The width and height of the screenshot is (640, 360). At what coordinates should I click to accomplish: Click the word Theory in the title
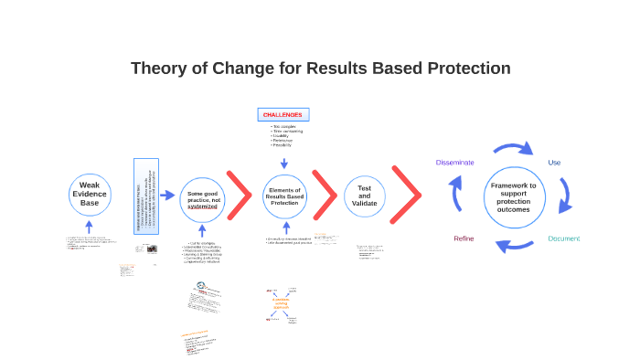pos(157,68)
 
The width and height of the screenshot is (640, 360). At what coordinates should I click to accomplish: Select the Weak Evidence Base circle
pos(89,194)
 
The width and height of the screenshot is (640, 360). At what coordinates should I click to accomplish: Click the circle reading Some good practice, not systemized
pos(202,200)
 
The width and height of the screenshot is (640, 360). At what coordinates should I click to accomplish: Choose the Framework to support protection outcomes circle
pos(514,197)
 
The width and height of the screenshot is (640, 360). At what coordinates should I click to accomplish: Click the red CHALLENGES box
pos(283,114)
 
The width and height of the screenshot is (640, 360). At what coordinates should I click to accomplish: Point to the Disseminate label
pos(454,162)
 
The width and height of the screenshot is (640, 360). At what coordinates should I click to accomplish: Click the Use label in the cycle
pos(554,162)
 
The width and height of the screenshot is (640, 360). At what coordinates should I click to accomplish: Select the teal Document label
pos(563,238)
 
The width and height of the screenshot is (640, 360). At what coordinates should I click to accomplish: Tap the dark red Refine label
pos(464,238)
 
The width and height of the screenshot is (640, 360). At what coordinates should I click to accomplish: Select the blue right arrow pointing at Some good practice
pos(167,195)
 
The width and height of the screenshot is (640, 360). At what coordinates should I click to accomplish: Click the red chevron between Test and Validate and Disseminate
pos(408,195)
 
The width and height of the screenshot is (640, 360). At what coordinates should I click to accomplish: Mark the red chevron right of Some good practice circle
pos(240,196)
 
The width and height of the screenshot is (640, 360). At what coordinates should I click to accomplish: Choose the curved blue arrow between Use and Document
pos(566,196)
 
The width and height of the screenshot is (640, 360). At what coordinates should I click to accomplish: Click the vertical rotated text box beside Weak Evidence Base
pos(145,208)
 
